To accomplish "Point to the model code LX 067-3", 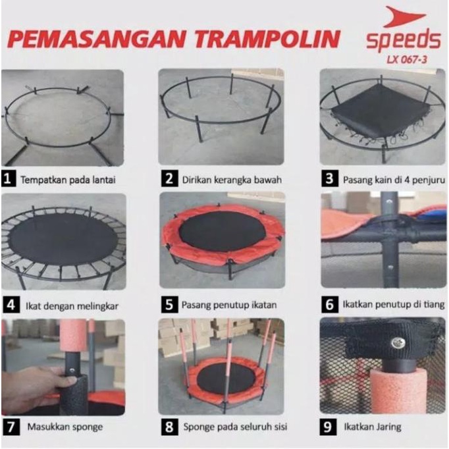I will tap(405, 61).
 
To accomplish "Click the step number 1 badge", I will tap(9, 178).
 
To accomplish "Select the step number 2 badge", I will tap(169, 178).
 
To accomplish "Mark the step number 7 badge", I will tap(9, 426).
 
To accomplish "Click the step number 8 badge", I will tap(169, 427).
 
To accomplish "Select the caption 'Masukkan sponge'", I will tap(65, 427).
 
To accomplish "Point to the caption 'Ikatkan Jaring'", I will tap(371, 427).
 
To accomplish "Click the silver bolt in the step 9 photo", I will tap(397, 342).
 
